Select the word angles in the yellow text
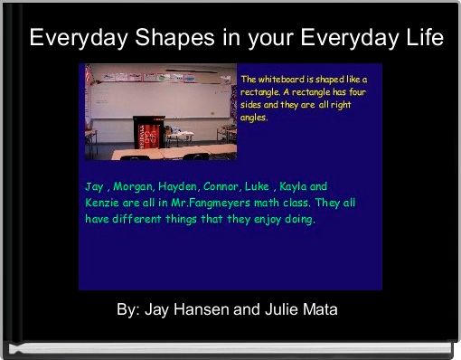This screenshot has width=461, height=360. point(255,118)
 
